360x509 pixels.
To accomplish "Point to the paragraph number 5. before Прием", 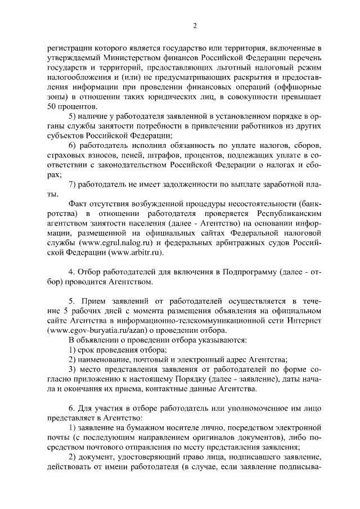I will click(x=71, y=302).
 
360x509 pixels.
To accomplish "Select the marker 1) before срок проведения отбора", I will click(x=73, y=350).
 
